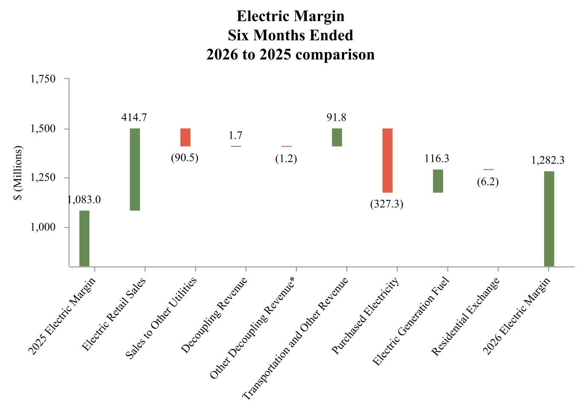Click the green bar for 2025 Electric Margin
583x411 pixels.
point(84,238)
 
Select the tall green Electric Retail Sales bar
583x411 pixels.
point(135,170)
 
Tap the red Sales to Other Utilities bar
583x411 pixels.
point(185,137)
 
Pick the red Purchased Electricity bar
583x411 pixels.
point(387,161)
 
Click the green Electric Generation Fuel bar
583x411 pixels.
point(438,181)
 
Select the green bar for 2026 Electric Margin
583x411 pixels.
point(549,219)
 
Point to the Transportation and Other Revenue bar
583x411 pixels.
point(337,137)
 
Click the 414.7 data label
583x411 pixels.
point(134,117)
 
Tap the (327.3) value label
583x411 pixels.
point(387,204)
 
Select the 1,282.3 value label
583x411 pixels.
point(548,160)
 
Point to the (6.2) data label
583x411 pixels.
point(488,182)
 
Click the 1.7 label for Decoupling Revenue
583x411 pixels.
point(235,135)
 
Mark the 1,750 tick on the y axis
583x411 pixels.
point(43,79)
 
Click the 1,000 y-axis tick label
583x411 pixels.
point(43,227)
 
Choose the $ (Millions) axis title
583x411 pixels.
point(18,173)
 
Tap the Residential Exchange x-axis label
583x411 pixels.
point(465,317)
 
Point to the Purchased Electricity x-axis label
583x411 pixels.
point(365,316)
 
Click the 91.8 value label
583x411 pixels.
point(336,117)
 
